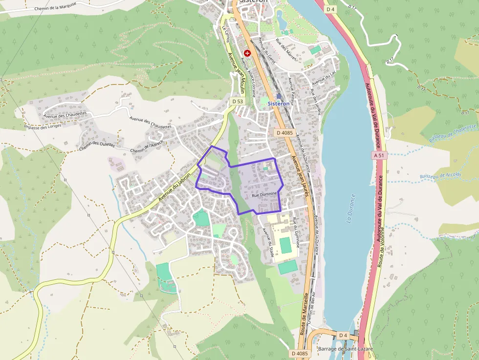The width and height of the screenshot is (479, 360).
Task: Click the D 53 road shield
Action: tap(237, 101)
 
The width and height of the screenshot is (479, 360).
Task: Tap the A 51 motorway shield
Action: tap(379, 155)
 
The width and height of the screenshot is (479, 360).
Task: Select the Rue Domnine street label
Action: tap(264, 194)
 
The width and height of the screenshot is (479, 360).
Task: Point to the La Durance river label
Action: tap(350, 209)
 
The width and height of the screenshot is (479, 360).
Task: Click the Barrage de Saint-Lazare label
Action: tap(338, 349)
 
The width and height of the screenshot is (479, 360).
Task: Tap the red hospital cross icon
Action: tap(247, 52)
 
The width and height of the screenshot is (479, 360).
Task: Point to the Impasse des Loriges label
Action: tap(43, 127)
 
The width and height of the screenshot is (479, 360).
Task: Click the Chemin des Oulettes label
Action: tap(96, 144)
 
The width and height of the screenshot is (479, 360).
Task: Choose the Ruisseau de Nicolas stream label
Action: tap(440, 175)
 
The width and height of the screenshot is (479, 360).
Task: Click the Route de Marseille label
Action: tap(303, 313)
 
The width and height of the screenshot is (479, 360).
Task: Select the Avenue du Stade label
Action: tap(268, 243)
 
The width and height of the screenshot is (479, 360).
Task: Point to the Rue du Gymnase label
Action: tap(295, 230)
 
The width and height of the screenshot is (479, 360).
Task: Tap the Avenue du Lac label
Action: tap(324, 77)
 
